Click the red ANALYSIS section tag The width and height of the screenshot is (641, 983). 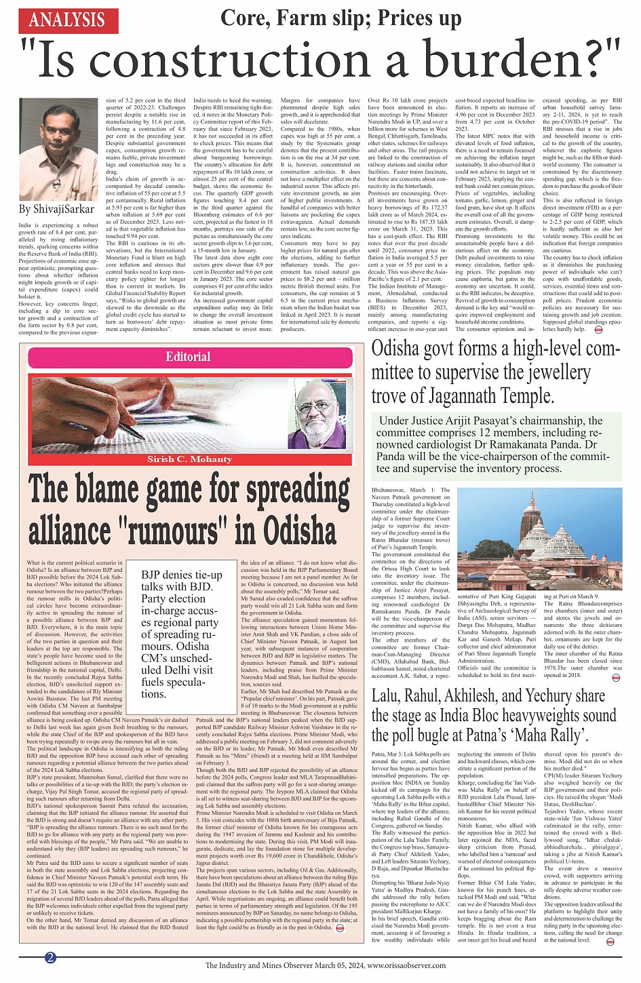click(67, 20)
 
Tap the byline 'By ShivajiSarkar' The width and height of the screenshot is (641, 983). click(56, 209)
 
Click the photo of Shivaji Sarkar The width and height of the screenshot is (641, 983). click(58, 149)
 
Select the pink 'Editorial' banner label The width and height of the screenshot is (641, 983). click(188, 357)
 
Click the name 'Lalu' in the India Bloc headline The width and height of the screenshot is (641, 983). click(389, 695)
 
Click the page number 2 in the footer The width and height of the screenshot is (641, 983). click(50, 957)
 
